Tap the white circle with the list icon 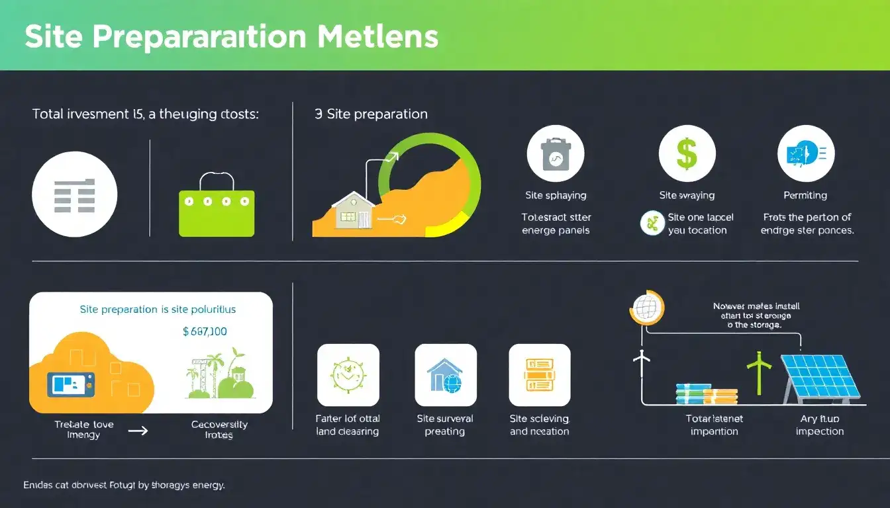coord(74,194)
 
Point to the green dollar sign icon coord(687,154)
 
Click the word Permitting coord(805,196)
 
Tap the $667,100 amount coord(205,331)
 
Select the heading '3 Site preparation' coord(371,114)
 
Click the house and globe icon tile coord(445,375)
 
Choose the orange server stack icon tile coord(539,375)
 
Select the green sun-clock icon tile coord(348,375)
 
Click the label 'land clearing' coord(347,432)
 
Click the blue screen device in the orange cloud coord(71,384)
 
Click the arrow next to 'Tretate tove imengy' coord(137,431)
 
